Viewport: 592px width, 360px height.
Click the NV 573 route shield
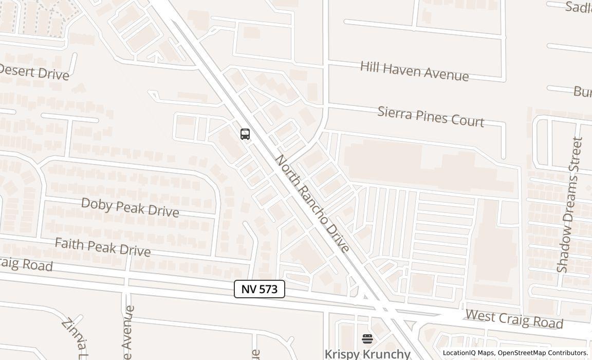click(260, 289)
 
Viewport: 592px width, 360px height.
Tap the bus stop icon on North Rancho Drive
click(245, 134)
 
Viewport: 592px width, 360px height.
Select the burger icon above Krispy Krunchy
click(367, 338)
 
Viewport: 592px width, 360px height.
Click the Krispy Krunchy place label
click(367, 354)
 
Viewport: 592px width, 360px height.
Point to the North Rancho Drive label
click(312, 204)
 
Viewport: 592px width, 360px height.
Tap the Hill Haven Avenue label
click(414, 71)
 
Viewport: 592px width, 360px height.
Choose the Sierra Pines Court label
click(431, 116)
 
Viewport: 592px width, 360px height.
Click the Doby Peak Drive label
click(130, 207)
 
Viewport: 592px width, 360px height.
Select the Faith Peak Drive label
click(102, 247)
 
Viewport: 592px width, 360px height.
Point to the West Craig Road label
click(514, 319)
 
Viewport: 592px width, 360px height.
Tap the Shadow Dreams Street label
click(570, 204)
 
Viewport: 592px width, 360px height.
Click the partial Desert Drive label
click(34, 73)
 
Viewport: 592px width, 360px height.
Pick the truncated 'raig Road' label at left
click(26, 264)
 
